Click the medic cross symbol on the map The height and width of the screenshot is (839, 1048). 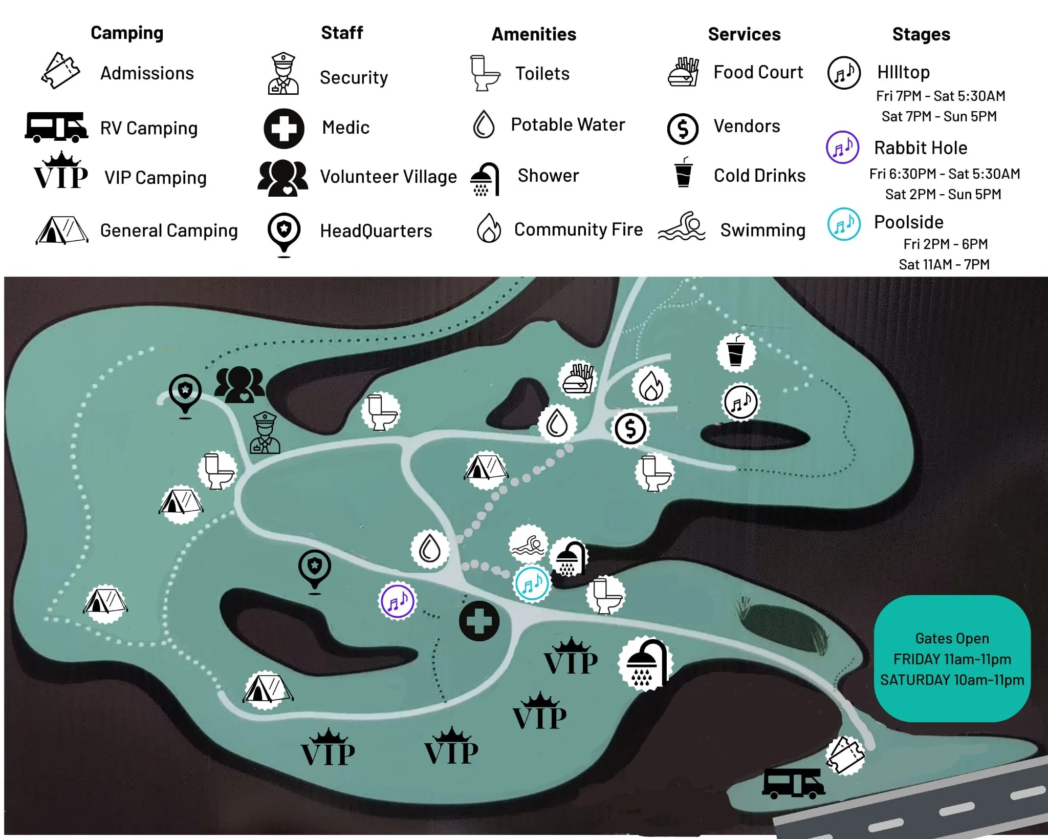tap(479, 621)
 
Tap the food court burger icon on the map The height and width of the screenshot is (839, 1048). tap(578, 379)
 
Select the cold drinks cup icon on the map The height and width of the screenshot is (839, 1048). tap(736, 351)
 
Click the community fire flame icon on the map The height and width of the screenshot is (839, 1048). tap(651, 385)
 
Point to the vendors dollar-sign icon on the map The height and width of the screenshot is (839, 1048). tap(630, 429)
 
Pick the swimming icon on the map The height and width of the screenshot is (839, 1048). tap(529, 544)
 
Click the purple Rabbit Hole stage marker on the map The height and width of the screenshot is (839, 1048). tap(398, 601)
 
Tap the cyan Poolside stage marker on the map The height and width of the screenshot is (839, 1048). tap(532, 583)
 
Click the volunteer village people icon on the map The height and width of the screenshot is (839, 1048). tap(239, 384)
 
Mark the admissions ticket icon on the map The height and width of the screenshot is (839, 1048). tap(845, 755)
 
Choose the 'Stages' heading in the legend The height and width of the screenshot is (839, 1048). tap(921, 34)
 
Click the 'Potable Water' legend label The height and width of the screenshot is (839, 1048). tap(567, 124)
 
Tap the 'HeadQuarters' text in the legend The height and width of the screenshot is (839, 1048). tap(376, 231)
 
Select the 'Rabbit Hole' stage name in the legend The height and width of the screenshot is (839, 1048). tap(921, 148)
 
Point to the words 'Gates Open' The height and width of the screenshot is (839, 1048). tap(952, 638)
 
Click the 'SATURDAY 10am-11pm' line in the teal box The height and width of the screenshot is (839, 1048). tap(952, 680)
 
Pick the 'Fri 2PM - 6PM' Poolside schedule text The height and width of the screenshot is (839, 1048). tap(945, 244)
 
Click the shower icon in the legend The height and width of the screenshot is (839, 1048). tap(484, 179)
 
